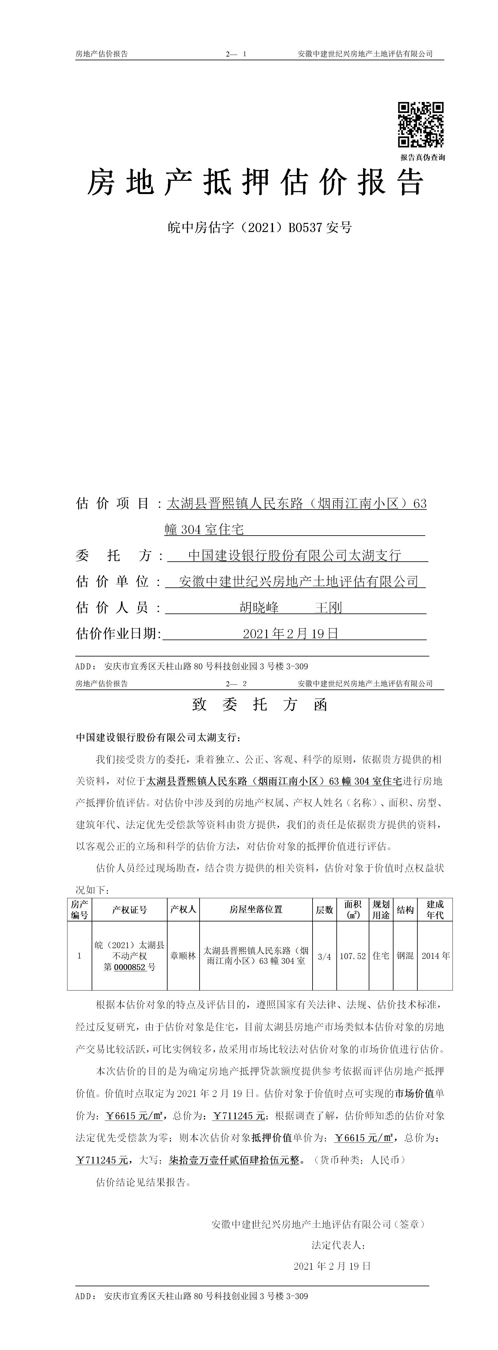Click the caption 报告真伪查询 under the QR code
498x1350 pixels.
coord(423,157)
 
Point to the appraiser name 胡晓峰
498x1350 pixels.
coord(259,607)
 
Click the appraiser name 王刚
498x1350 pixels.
coord(328,607)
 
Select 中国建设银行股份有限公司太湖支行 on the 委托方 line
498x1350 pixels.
coord(294,555)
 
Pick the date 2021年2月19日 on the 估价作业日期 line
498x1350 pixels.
coord(291,634)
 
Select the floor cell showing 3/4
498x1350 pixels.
coord(325,956)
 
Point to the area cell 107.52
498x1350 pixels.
coord(353,956)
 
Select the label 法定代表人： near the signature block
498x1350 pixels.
coord(338,1245)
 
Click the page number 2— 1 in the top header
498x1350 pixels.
coord(236,54)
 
